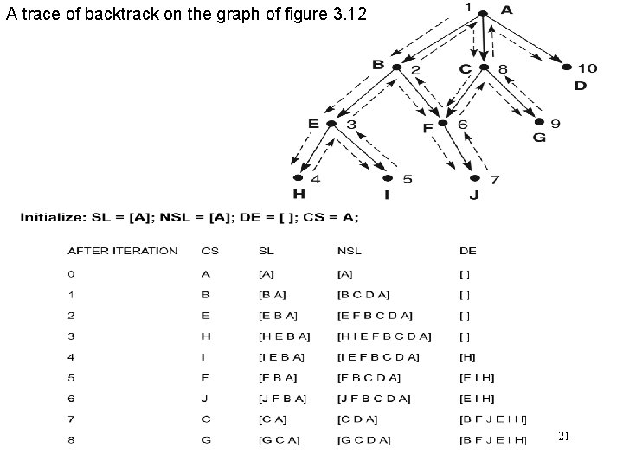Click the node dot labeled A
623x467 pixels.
tap(483, 13)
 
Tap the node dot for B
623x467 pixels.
tap(396, 67)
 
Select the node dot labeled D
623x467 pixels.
tap(567, 67)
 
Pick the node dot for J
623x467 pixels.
tap(473, 179)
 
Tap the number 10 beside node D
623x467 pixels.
tap(588, 67)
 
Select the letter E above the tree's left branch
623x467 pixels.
tap(313, 123)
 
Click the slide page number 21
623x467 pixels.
tap(563, 437)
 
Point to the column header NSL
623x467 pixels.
tap(350, 251)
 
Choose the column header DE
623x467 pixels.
tap(468, 251)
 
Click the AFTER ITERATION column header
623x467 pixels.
tap(122, 251)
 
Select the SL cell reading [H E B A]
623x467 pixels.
tap(284, 336)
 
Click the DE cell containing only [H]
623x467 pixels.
tap(468, 357)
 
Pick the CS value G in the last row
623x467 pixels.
tap(206, 441)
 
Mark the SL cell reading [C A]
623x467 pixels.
tap(273, 420)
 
